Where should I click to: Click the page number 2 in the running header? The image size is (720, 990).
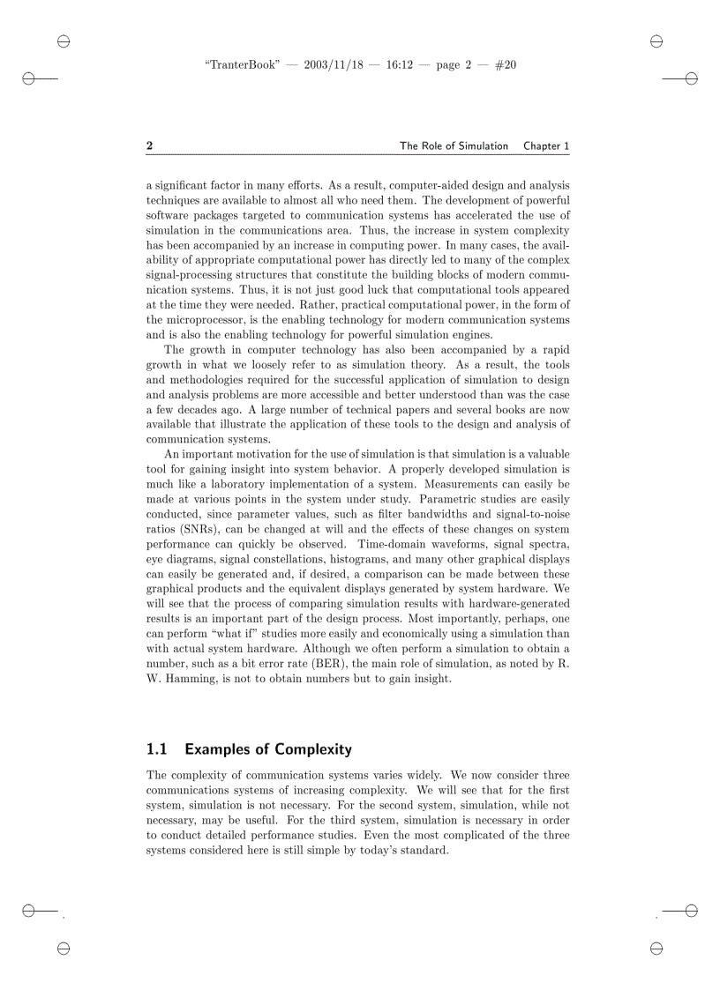(150, 146)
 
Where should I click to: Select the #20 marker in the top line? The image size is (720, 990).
(506, 65)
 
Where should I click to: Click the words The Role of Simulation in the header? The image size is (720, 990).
(454, 146)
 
